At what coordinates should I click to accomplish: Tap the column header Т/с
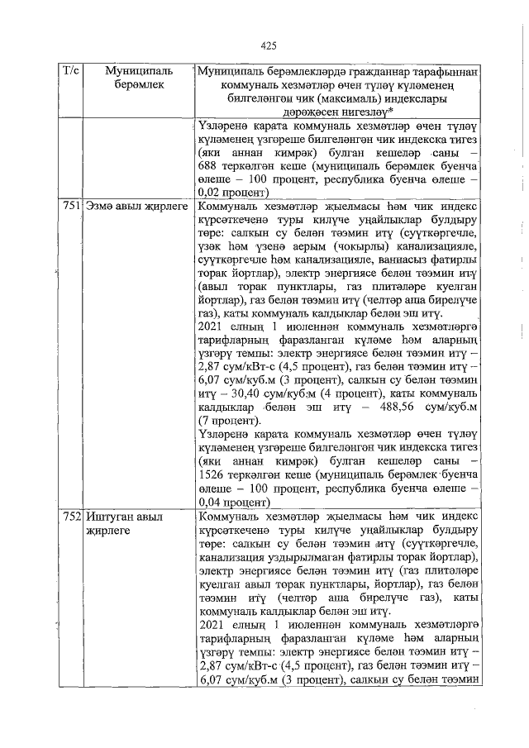70,73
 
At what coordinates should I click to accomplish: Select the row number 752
71,516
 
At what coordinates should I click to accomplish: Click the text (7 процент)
233,422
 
